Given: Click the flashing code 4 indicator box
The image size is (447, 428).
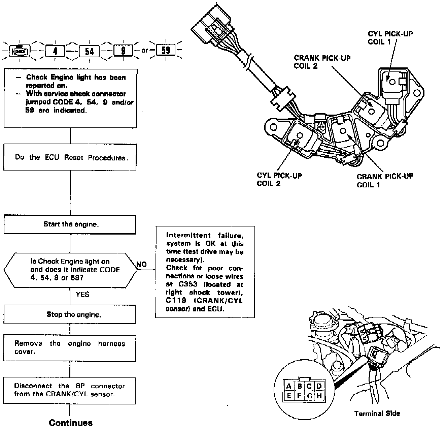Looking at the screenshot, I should tap(55, 51).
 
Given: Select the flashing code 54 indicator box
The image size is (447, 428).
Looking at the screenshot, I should tap(89, 51).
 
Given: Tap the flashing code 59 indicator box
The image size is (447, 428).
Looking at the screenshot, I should tap(166, 50).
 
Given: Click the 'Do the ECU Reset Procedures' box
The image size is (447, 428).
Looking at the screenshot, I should tap(70, 157).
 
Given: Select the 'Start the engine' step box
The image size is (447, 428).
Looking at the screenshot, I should tap(70, 224).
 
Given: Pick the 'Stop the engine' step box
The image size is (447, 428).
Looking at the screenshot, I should tap(70, 315).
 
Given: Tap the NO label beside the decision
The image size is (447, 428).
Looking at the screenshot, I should tap(142, 265).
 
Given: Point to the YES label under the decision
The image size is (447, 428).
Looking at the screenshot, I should tap(82, 295).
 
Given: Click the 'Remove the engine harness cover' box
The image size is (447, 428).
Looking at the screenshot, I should tap(70, 348).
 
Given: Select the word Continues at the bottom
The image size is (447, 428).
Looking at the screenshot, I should tap(71, 423).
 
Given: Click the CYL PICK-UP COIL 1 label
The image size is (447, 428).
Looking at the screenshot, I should tap(390, 38).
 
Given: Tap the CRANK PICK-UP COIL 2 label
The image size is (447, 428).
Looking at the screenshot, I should tap(322, 62).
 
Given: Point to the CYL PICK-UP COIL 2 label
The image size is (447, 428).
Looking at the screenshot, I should tap(279, 180).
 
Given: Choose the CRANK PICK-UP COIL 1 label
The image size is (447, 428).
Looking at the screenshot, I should tap(385, 180).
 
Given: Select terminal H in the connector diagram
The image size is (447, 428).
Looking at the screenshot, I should tap(319, 396).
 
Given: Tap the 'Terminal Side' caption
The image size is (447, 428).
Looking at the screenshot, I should tap(377, 413).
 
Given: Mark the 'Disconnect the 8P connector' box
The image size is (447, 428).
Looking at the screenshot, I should tap(69, 390).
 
